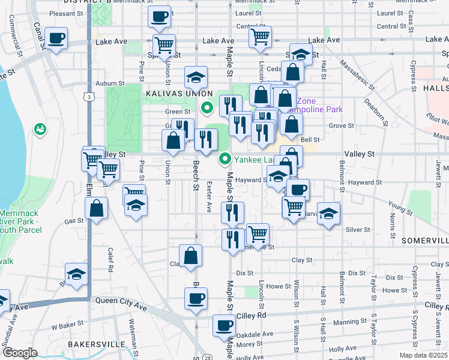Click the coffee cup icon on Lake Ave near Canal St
click(56, 39)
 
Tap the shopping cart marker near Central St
click(260, 37)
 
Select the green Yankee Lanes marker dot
click(225, 159)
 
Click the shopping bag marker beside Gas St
click(96, 209)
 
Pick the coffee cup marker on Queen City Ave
click(194, 298)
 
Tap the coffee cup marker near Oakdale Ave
click(224, 326)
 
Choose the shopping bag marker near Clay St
click(190, 256)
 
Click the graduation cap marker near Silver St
click(328, 214)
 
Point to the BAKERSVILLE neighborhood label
click(96, 344)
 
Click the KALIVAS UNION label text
click(178, 94)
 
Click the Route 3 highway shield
click(89, 97)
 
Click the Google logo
click(20, 353)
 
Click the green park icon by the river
click(41, 128)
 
